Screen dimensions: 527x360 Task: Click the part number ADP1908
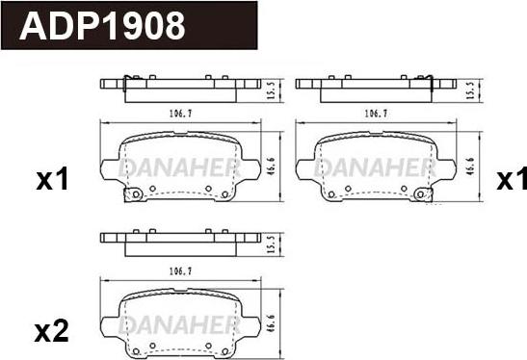[x=102, y=26]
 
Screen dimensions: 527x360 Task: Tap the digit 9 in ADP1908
[x=133, y=26]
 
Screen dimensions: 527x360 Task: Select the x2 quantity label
[x=52, y=331]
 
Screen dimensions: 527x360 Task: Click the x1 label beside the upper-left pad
[x=52, y=179]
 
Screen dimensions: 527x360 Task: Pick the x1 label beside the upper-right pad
[x=512, y=179]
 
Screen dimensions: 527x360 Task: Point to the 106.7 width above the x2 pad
[x=180, y=271]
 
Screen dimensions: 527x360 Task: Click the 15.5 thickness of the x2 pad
[x=272, y=244]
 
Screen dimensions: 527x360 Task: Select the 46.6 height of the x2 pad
[x=272, y=323]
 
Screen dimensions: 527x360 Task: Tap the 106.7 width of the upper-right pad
[x=376, y=114]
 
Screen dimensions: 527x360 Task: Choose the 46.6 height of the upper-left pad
[x=272, y=167]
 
